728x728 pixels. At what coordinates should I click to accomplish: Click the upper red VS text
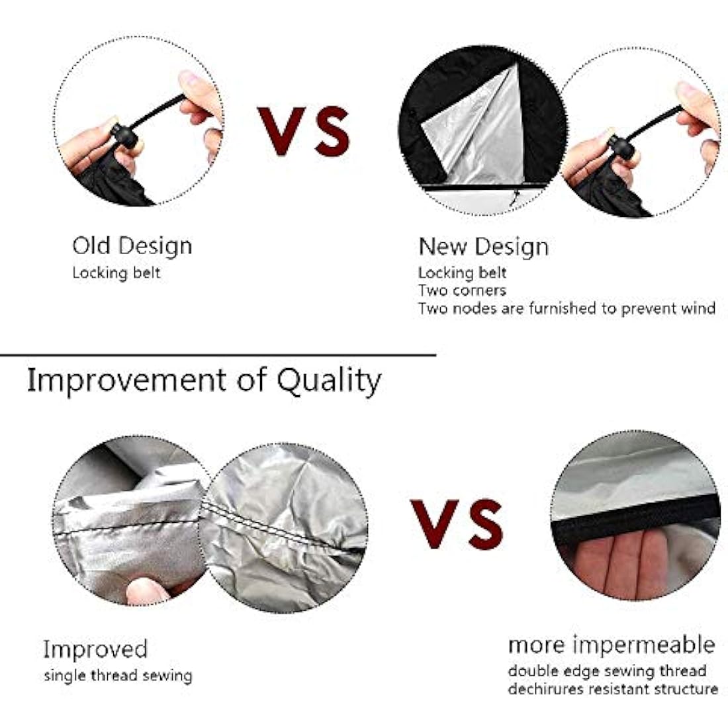coord(304,131)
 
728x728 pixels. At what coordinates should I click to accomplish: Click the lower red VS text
coord(457,523)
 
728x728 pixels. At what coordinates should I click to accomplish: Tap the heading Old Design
coord(132,246)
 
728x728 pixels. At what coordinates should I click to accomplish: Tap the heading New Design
coord(483,247)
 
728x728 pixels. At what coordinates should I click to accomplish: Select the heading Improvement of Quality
coord(205,381)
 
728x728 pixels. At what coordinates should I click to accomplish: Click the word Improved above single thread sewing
coord(95,649)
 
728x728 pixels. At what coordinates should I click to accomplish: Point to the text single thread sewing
coord(118,676)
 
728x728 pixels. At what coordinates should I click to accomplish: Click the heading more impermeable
coord(612,645)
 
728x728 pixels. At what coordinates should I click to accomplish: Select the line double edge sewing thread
coord(608,671)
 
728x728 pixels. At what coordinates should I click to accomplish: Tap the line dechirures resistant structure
coord(613,689)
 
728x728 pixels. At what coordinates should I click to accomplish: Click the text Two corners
coord(462,291)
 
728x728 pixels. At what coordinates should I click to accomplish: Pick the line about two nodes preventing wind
coord(567,309)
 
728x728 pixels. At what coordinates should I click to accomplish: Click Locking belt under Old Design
coord(116,273)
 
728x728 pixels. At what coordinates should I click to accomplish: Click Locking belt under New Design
coord(462,273)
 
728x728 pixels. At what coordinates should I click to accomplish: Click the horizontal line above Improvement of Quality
coord(218,355)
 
